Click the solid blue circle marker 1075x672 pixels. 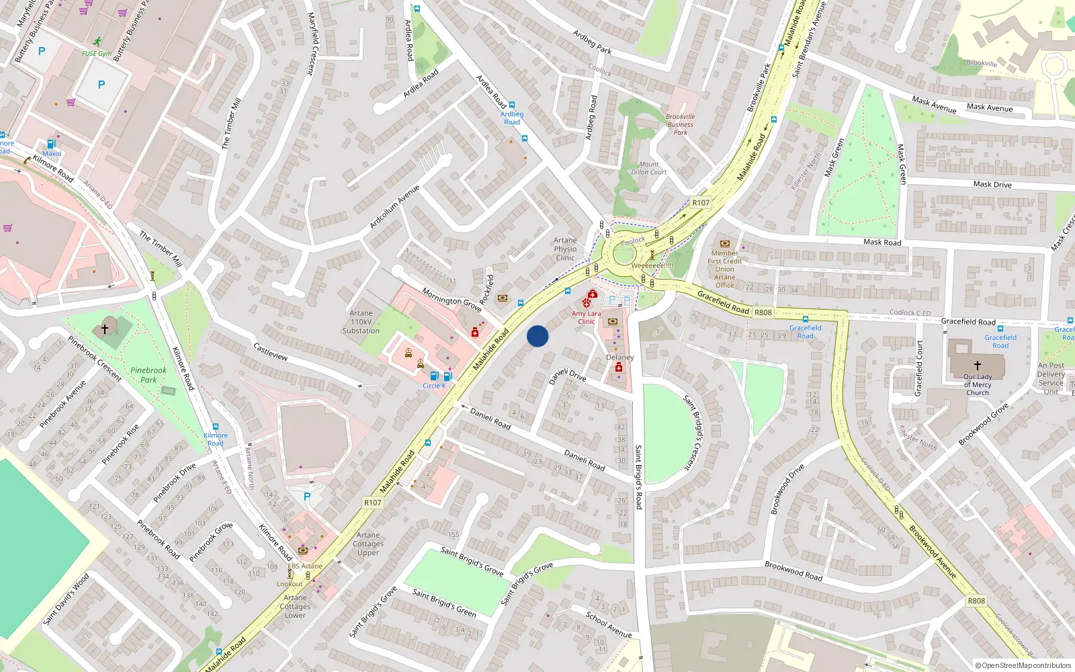(x=537, y=336)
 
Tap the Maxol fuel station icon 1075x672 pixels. (x=51, y=144)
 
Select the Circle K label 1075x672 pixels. (x=434, y=386)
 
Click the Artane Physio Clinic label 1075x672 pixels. (x=565, y=249)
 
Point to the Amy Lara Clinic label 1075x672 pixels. (x=587, y=317)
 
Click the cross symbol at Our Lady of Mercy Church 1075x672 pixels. (x=978, y=364)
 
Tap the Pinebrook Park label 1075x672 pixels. (x=148, y=375)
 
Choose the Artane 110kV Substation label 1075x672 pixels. (x=361, y=322)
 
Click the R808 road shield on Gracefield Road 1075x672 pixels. (x=763, y=312)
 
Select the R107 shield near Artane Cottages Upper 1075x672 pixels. (x=373, y=503)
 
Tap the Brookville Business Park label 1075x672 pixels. (x=681, y=124)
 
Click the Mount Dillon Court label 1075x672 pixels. (x=649, y=168)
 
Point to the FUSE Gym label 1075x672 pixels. (x=97, y=54)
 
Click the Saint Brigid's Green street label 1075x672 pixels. (x=444, y=603)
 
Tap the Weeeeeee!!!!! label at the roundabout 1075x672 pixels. (x=652, y=265)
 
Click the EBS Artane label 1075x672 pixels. (x=305, y=566)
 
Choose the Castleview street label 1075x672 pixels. (x=271, y=351)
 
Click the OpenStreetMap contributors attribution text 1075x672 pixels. (x=1023, y=665)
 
